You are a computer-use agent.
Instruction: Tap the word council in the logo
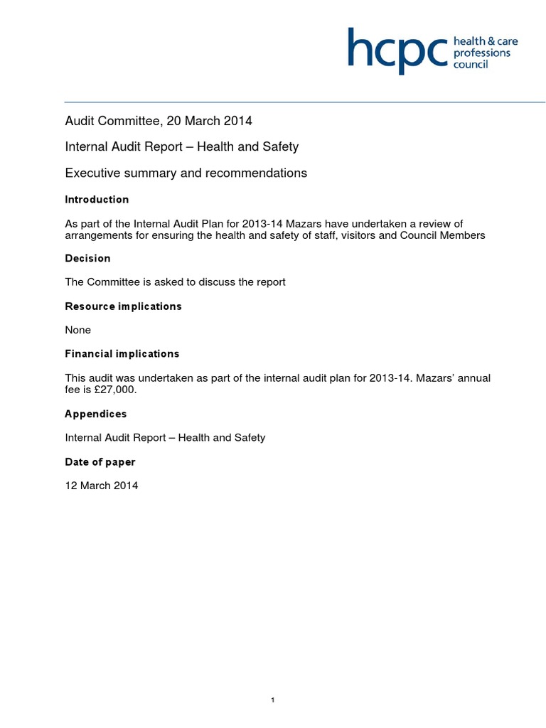[472, 65]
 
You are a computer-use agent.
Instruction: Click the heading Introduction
[97, 200]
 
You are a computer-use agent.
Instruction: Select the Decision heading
[87, 258]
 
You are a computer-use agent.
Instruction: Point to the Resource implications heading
[123, 306]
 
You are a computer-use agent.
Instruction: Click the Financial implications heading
[122, 353]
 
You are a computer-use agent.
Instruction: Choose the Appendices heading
[95, 414]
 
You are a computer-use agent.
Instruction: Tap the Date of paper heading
[100, 462]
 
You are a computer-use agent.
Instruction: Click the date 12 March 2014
[102, 486]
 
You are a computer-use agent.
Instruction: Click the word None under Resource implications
[77, 330]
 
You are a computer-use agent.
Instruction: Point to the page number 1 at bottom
[273, 680]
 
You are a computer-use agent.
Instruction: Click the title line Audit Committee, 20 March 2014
[159, 121]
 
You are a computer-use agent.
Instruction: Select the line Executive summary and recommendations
[186, 173]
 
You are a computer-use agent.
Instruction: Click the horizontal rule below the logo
[305, 102]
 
